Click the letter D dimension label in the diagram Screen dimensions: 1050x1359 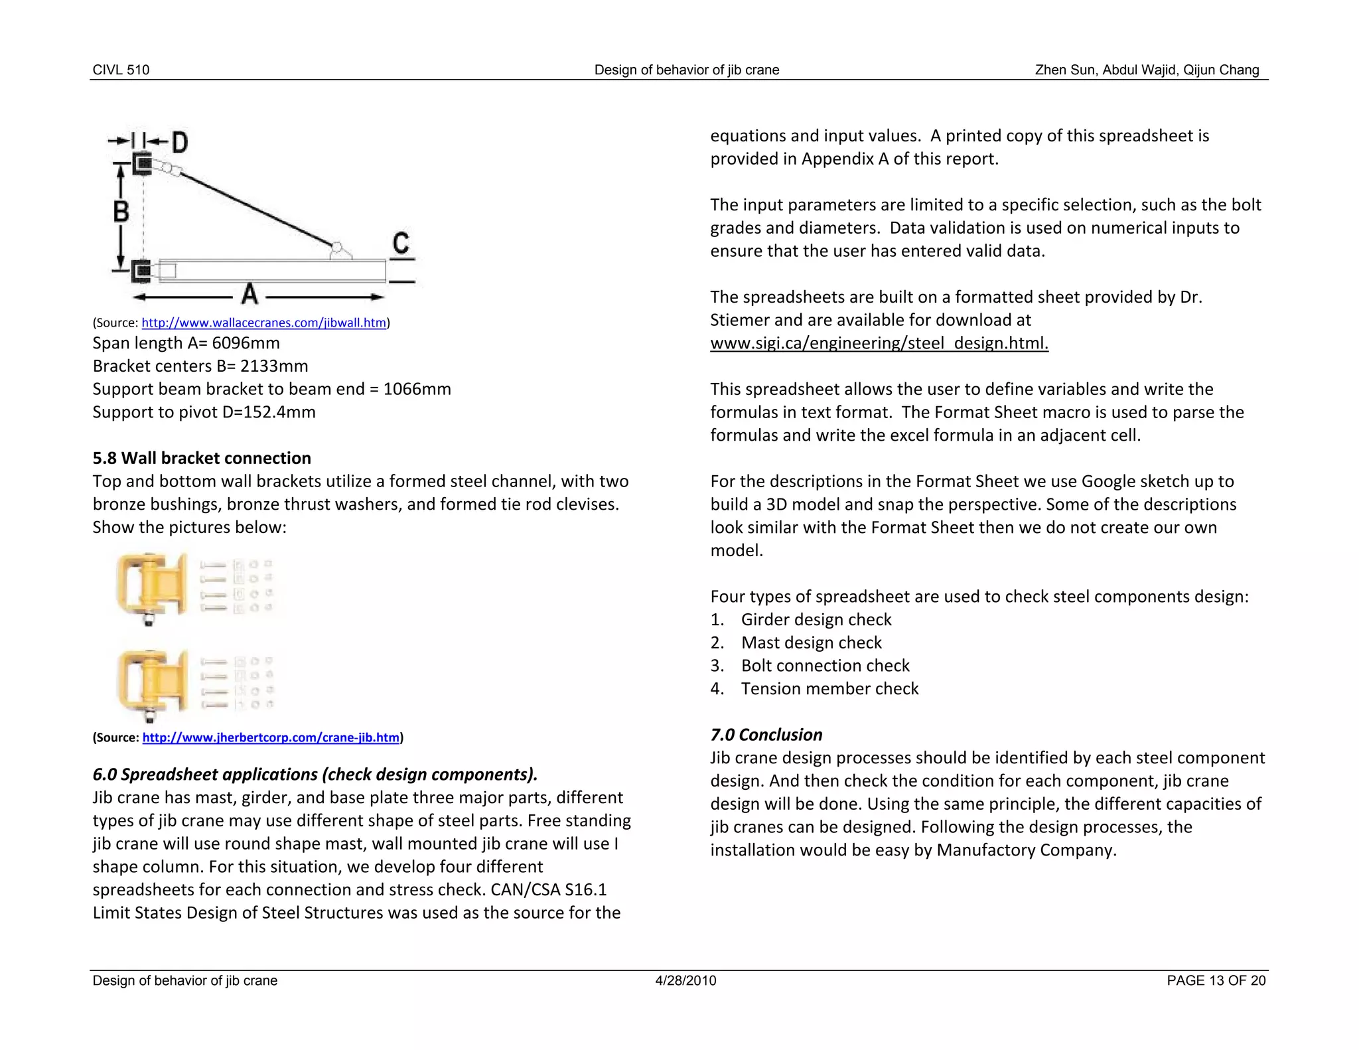pyautogui.click(x=180, y=142)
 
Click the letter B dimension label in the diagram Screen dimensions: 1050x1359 pyautogui.click(x=121, y=212)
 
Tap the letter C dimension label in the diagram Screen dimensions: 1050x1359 pyautogui.click(x=401, y=243)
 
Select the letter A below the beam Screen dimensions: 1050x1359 pyautogui.click(x=250, y=294)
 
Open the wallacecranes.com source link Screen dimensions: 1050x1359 pyautogui.click(x=263, y=323)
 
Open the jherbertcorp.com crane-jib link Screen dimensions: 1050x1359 pyautogui.click(x=271, y=737)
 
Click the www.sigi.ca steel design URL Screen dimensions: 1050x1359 pyautogui.click(x=879, y=343)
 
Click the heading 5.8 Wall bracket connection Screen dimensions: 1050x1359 pyautogui.click(x=202, y=458)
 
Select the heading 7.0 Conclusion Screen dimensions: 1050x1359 pyautogui.click(x=766, y=735)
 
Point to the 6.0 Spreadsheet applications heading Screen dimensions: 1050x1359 pyautogui.click(x=315, y=775)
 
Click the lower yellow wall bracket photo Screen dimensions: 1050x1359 pyautogui.click(x=151, y=684)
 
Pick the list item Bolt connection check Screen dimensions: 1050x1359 pyautogui.click(x=825, y=666)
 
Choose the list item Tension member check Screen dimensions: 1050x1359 pyautogui.click(x=829, y=689)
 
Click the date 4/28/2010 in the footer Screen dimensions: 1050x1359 pyautogui.click(x=685, y=981)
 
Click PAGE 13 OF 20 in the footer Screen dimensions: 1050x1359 pyautogui.click(x=1216, y=981)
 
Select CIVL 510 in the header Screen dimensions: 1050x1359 pyautogui.click(x=121, y=70)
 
